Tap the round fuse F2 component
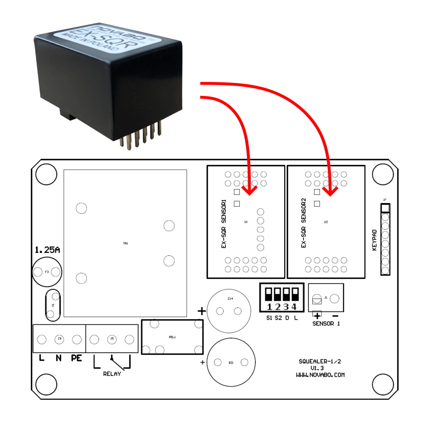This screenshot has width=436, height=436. pyautogui.click(x=47, y=272)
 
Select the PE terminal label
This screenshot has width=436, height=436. pyautogui.click(x=77, y=358)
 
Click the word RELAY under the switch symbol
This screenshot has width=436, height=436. pyautogui.click(x=112, y=374)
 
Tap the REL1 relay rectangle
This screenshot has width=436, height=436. pyautogui.click(x=172, y=337)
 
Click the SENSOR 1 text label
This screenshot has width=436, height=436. pyautogui.click(x=326, y=324)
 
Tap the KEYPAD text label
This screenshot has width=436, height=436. pyautogui.click(x=374, y=239)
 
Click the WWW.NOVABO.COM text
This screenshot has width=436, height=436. pyautogui.click(x=320, y=375)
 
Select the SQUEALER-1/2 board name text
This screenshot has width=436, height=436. pyautogui.click(x=320, y=361)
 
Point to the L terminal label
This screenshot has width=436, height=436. pyautogui.click(x=42, y=358)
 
